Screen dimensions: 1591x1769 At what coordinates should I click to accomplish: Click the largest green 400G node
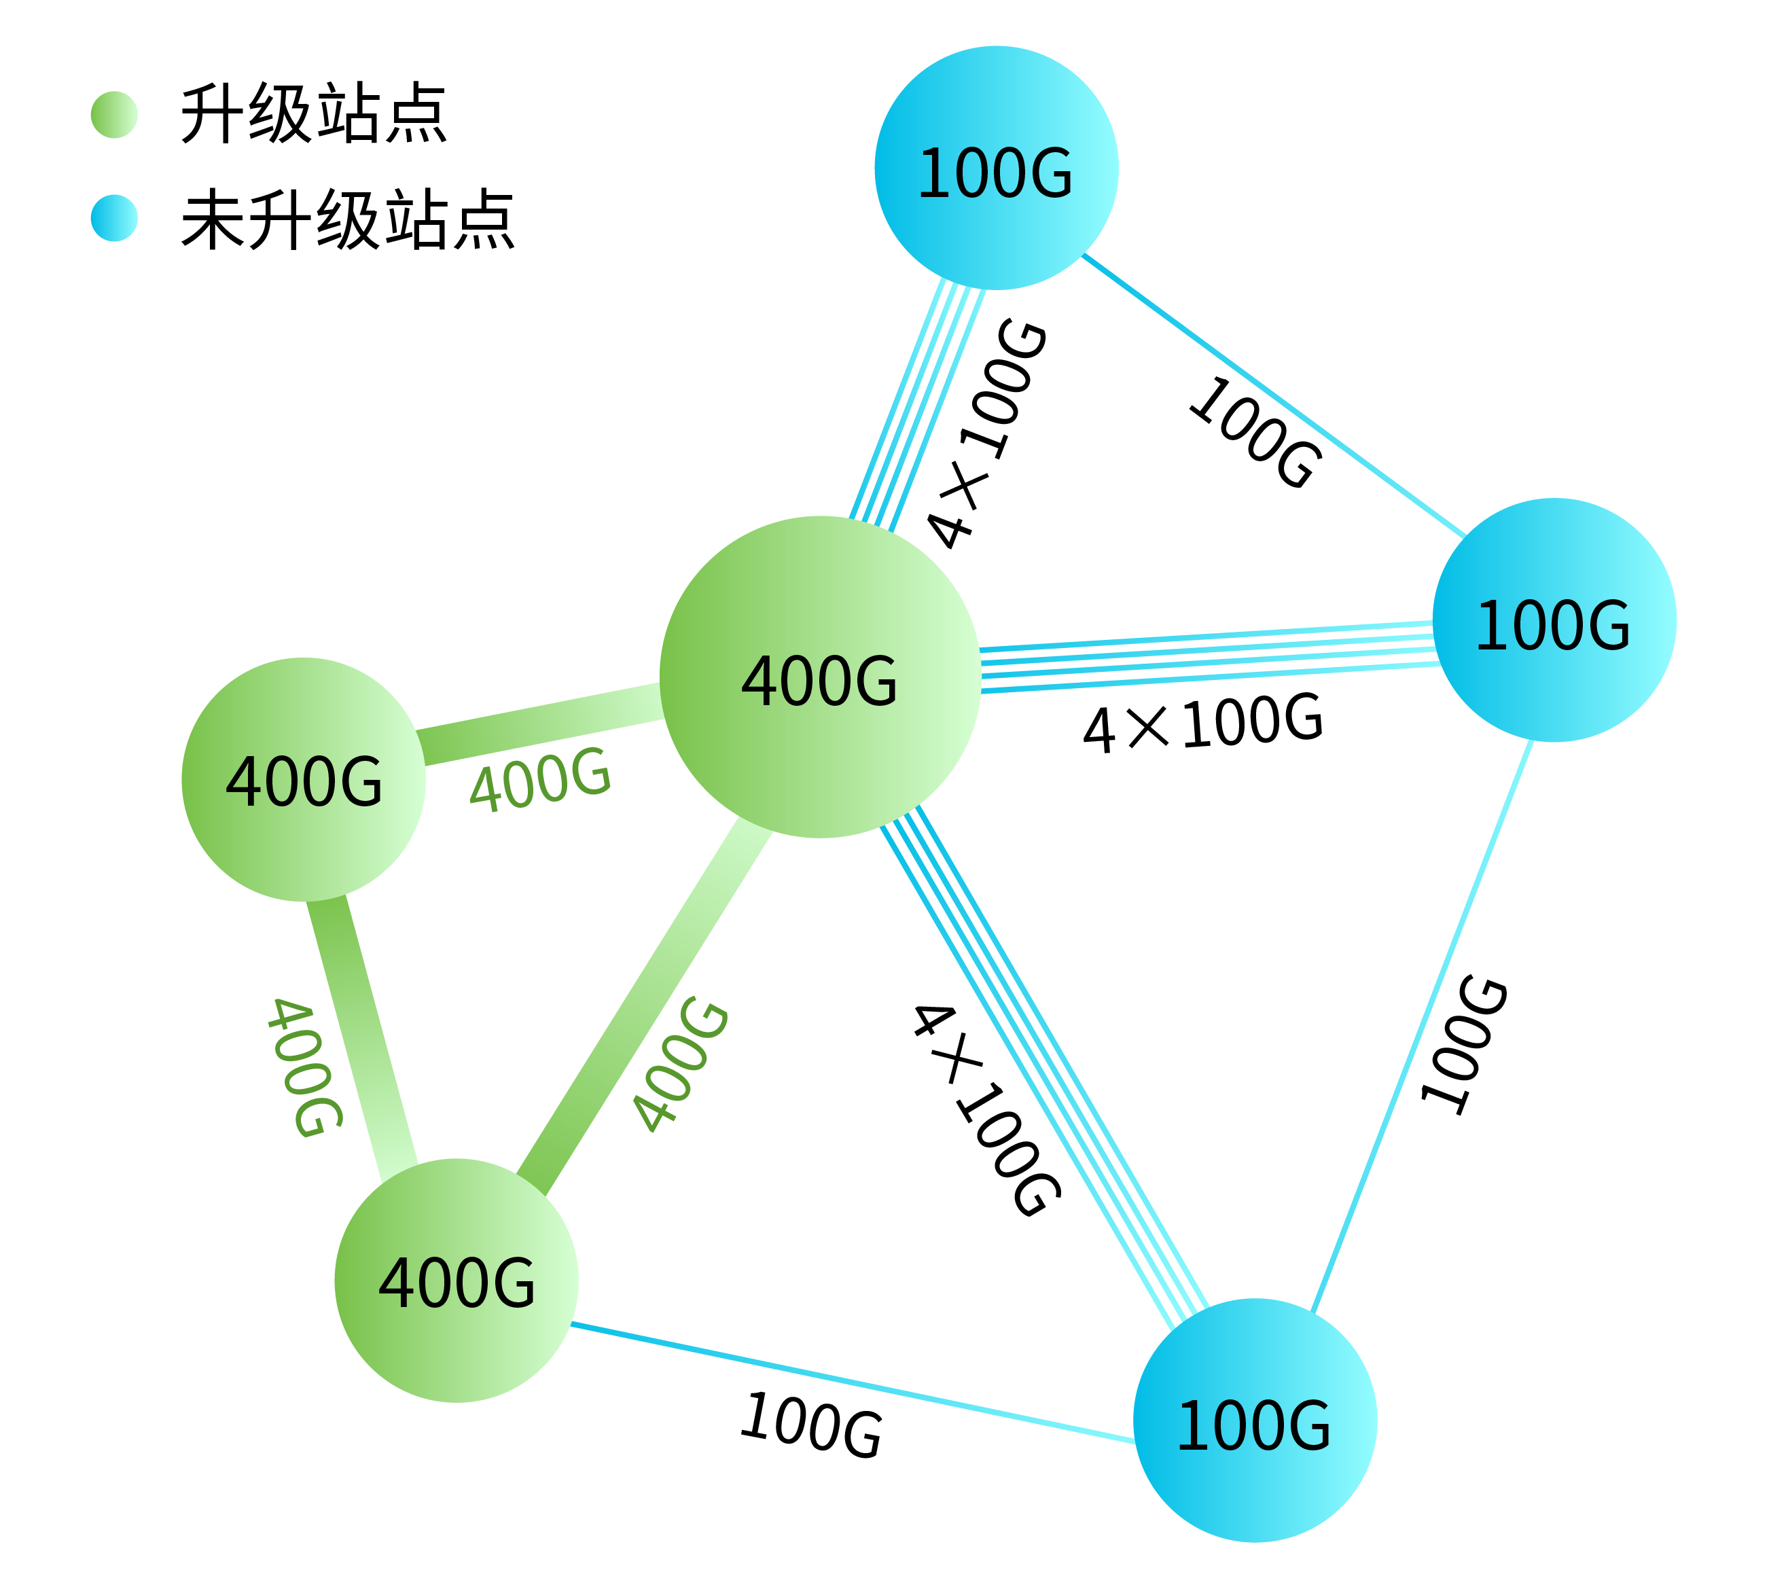(819, 677)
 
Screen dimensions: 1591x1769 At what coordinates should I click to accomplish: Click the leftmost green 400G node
(303, 779)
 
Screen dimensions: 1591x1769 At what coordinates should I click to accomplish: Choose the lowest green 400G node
(457, 1280)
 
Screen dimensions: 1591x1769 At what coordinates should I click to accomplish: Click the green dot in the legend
(113, 115)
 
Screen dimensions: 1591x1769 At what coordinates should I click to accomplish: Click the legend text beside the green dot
(313, 113)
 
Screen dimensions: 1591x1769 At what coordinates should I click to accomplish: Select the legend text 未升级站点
(347, 219)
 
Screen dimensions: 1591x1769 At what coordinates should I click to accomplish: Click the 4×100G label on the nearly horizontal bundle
(1202, 723)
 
